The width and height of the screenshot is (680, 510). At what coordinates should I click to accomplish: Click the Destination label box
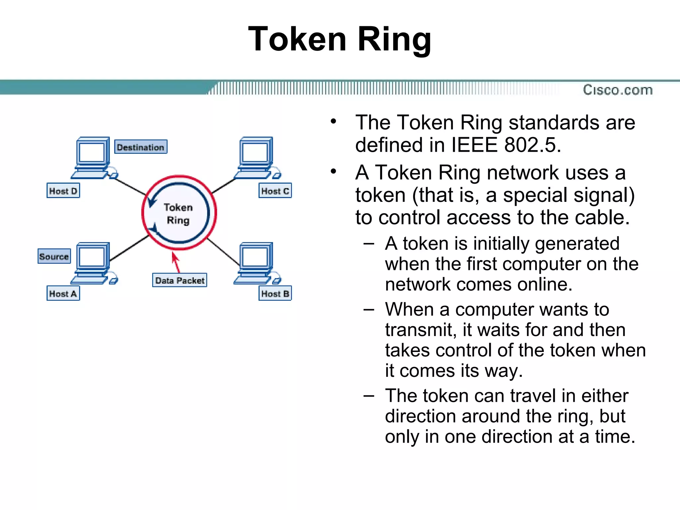pos(141,147)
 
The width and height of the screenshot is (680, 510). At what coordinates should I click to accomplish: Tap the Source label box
pos(54,256)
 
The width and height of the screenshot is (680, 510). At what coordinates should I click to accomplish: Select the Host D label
pos(63,191)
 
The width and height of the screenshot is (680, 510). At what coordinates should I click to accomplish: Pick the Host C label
pos(275,191)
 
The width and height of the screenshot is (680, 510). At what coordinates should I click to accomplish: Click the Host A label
pos(63,294)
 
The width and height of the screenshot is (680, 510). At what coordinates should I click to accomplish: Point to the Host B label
pos(275,294)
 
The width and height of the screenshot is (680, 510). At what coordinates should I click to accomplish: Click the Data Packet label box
pos(180,280)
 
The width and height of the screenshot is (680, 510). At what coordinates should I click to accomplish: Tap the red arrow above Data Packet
pos(176,262)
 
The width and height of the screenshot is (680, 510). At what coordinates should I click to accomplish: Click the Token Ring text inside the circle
pos(178,213)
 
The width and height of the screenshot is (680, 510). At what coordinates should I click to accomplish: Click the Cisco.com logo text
pos(618,90)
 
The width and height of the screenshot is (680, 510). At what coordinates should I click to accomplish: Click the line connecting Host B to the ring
pos(223,252)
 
